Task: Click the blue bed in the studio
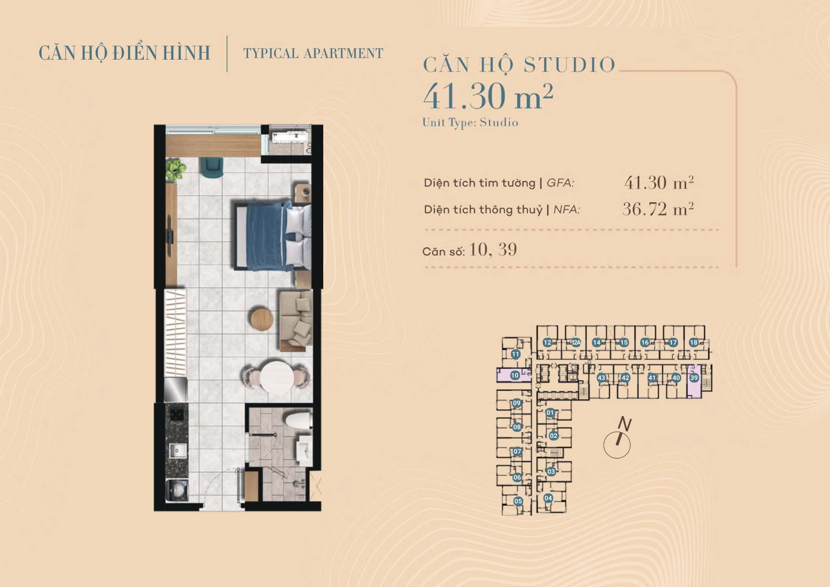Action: pyautogui.click(x=273, y=236)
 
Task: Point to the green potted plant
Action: pyautogui.click(x=176, y=169)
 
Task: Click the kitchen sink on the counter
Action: pyautogui.click(x=179, y=450)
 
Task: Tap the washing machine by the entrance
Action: pyautogui.click(x=177, y=490)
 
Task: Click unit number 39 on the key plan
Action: pyautogui.click(x=694, y=378)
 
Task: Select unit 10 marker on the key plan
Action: pyautogui.click(x=515, y=375)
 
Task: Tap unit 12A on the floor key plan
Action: pyautogui.click(x=576, y=342)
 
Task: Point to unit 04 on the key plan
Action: pyautogui.click(x=548, y=498)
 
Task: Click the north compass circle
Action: pyautogui.click(x=617, y=445)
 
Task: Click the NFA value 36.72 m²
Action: pyautogui.click(x=658, y=209)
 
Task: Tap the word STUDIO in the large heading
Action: pyautogui.click(x=569, y=65)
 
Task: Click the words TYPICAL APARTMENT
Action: pyautogui.click(x=313, y=53)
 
